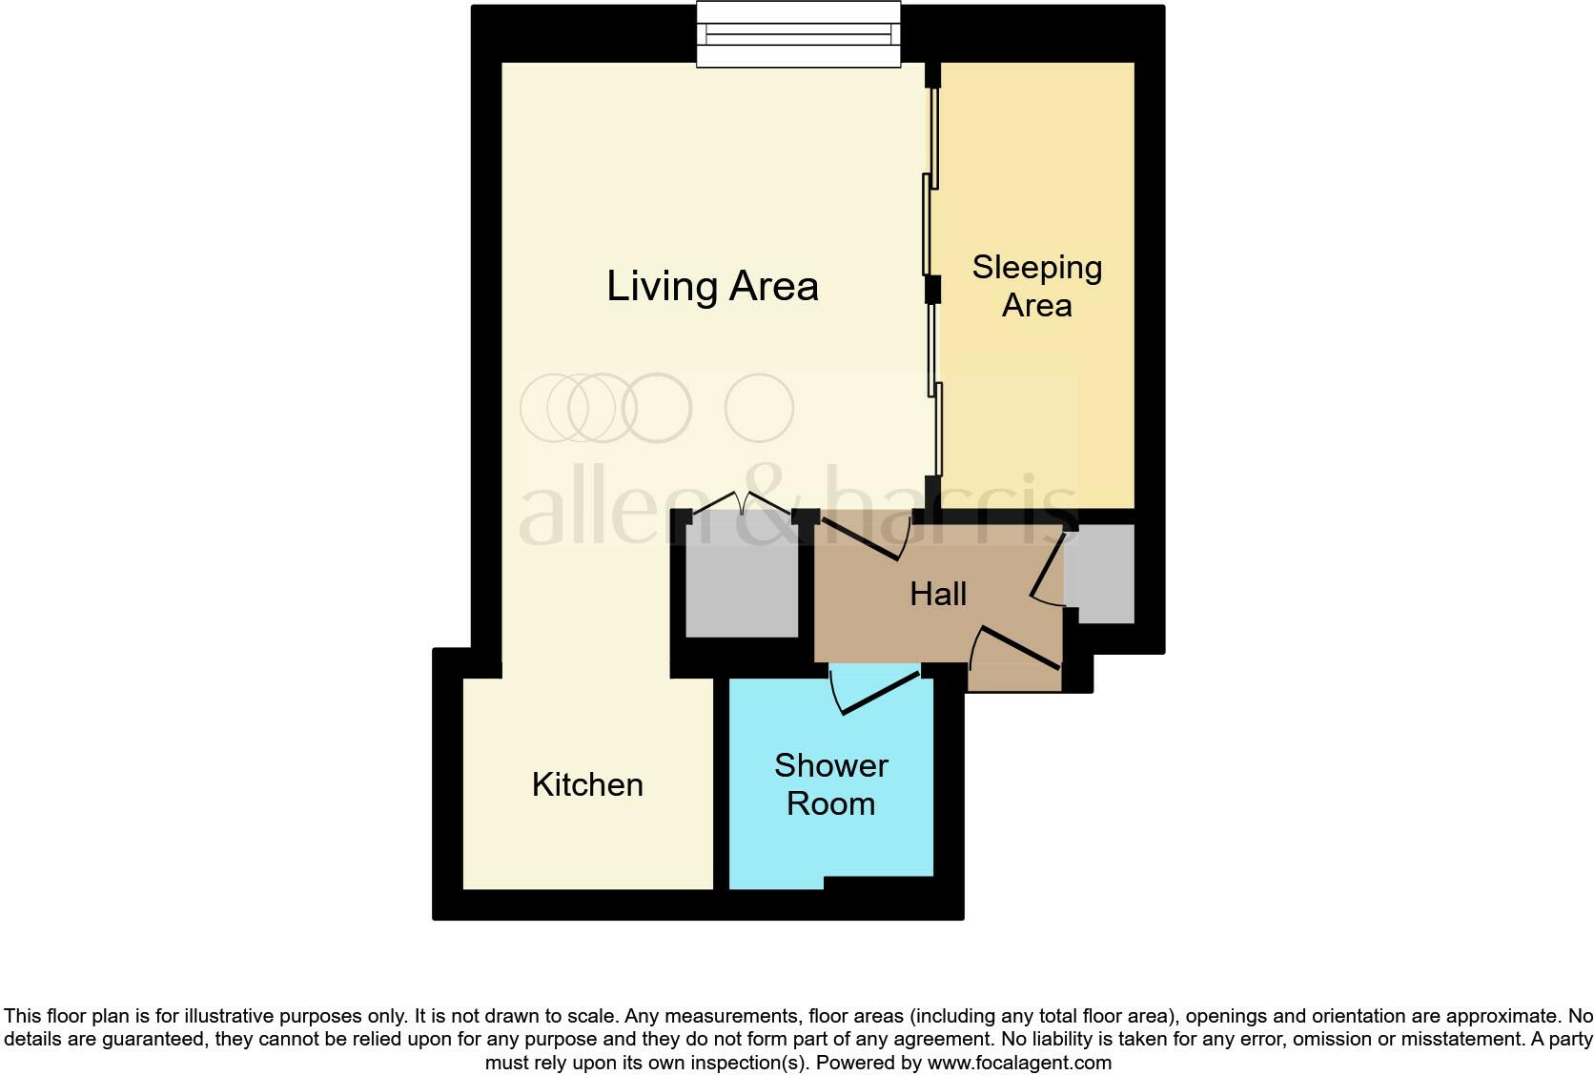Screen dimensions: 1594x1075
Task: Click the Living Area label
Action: click(x=712, y=287)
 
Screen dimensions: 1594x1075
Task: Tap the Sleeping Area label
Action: click(x=1037, y=286)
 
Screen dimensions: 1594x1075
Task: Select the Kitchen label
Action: click(x=587, y=784)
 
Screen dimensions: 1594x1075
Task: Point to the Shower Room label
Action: click(x=830, y=784)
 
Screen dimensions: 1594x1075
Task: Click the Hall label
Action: click(x=938, y=594)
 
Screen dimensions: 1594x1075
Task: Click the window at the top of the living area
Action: click(x=798, y=34)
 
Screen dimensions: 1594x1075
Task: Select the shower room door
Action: click(x=874, y=691)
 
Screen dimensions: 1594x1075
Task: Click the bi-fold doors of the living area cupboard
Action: click(x=742, y=501)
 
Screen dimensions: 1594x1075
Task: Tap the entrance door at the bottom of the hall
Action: click(x=1014, y=648)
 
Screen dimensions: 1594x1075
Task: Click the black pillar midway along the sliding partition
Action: click(x=933, y=291)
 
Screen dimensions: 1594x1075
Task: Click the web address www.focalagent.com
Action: click(x=1019, y=1063)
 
